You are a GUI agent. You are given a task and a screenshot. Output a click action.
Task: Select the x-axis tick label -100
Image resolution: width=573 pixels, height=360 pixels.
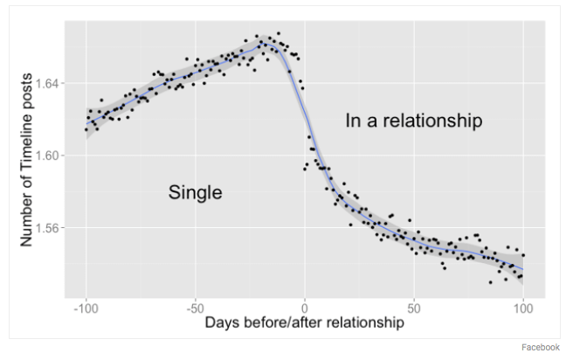coord(86,308)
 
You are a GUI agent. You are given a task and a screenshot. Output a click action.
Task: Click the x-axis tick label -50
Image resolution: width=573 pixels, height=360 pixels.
coord(195,308)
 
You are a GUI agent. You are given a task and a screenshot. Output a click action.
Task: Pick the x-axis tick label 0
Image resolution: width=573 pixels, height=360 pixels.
coord(305,308)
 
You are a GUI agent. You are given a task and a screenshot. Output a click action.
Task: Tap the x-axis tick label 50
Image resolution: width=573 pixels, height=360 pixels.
coord(414,308)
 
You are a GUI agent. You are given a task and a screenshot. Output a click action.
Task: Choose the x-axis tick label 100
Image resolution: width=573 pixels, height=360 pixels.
coord(523,308)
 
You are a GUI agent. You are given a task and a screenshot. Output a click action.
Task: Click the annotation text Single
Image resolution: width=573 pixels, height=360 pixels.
coord(196,192)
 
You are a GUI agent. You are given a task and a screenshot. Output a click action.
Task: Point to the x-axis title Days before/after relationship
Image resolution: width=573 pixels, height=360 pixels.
coord(305,323)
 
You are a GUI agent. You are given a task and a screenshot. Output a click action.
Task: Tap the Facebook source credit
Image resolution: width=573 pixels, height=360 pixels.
coord(541,347)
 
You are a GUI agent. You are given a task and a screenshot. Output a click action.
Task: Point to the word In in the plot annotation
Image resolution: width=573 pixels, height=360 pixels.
coord(353,121)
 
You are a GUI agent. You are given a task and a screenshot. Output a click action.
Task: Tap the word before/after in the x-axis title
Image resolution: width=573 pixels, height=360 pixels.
coord(281,323)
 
